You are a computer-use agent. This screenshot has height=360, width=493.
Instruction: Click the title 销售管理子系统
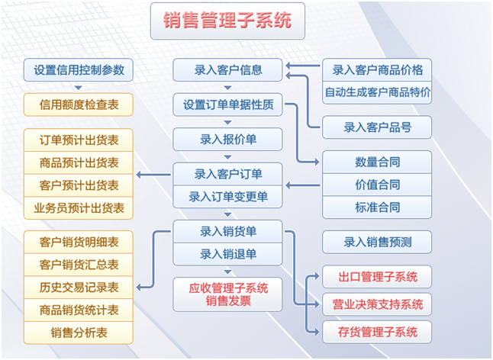coord(227,21)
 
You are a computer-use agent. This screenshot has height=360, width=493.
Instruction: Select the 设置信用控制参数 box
coord(79,70)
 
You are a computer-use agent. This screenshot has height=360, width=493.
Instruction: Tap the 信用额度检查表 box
coord(79,104)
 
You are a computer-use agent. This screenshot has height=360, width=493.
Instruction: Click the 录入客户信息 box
coord(227,70)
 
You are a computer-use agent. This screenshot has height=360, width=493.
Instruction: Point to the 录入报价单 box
coord(227,140)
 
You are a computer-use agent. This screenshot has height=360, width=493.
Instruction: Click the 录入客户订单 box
coord(227,174)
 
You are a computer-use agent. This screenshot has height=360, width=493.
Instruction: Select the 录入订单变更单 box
coord(227,196)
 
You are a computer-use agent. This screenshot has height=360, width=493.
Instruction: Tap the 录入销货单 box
coord(227,231)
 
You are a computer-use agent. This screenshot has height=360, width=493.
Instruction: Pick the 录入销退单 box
coord(227,254)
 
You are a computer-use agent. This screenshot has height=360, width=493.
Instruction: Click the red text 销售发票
coord(227,301)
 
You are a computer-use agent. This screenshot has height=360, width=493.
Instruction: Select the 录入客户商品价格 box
coord(377,70)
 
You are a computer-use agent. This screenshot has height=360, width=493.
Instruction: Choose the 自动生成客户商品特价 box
coord(377,92)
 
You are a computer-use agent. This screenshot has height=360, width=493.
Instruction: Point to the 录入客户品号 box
coord(377,127)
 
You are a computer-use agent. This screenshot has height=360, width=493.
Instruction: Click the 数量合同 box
coord(377,162)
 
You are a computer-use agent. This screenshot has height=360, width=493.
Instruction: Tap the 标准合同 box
coord(377,207)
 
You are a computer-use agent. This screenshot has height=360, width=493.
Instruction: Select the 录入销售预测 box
coord(377,242)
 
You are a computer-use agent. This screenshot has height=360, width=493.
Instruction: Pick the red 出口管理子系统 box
coord(377,276)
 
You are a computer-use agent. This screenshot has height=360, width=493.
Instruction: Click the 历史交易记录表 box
coord(79,288)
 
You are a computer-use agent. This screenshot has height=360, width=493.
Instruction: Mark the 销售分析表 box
coord(79,333)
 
